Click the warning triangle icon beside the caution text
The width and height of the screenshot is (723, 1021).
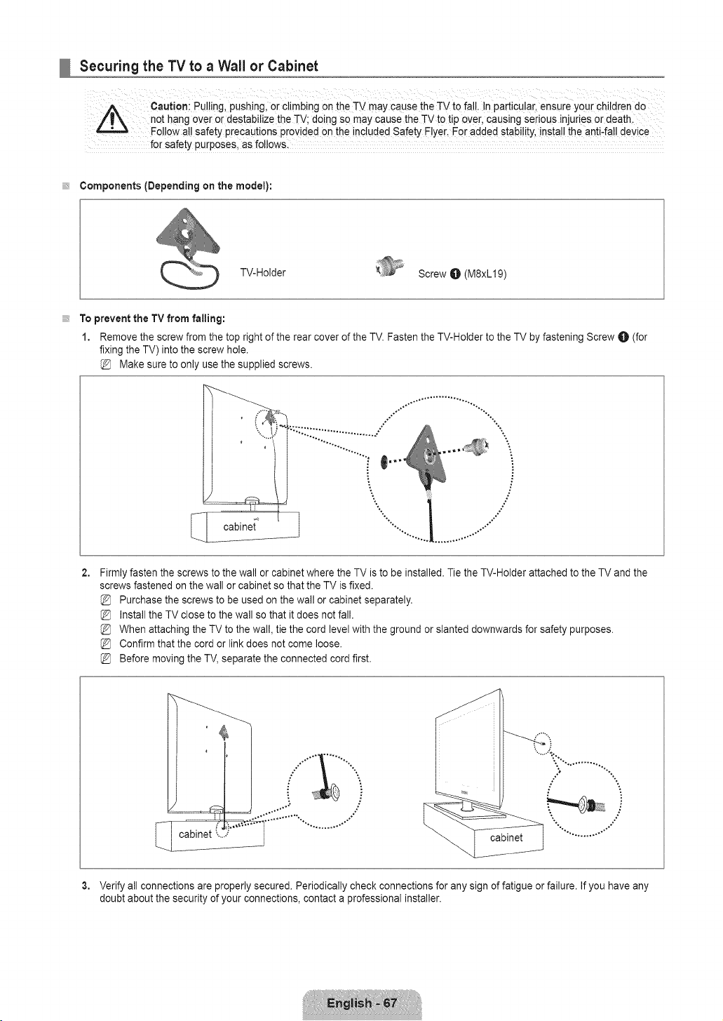(x=112, y=119)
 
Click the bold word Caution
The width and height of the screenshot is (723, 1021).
(x=169, y=107)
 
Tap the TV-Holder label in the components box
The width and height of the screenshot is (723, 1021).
(x=263, y=272)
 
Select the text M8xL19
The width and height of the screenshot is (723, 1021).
(x=485, y=274)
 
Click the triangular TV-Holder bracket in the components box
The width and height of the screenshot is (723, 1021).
(x=187, y=232)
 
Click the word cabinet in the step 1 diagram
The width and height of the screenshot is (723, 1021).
(x=240, y=527)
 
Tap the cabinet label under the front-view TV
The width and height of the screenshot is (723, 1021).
(x=506, y=838)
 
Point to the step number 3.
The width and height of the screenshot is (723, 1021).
(x=85, y=886)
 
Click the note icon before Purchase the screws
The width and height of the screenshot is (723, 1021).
(x=105, y=600)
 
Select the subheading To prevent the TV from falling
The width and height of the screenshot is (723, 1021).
(x=152, y=318)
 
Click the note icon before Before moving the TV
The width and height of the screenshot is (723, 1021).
(x=105, y=659)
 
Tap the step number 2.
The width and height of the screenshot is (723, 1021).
(x=85, y=573)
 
